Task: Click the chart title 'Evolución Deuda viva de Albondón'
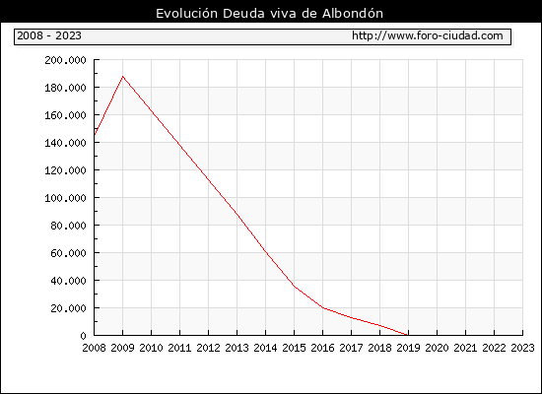click(269, 14)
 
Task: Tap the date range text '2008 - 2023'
click(49, 35)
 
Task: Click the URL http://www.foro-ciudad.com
click(428, 35)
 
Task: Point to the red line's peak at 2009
click(123, 77)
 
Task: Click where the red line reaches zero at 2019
click(408, 335)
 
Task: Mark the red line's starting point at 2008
click(95, 135)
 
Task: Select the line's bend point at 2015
click(295, 287)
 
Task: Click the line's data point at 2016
click(323, 307)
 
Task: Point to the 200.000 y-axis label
click(65, 60)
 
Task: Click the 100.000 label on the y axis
click(65, 198)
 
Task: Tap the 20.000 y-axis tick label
click(68, 308)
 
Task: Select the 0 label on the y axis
click(83, 336)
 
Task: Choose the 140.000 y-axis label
click(65, 143)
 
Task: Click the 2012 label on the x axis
click(209, 348)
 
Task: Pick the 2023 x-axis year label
click(522, 348)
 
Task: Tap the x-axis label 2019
click(408, 348)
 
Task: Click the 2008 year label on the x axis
click(94, 348)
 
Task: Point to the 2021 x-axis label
click(465, 348)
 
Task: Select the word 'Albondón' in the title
click(353, 14)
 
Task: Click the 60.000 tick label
click(68, 253)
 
